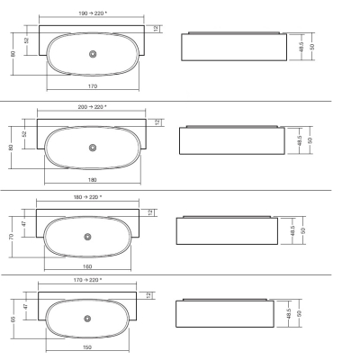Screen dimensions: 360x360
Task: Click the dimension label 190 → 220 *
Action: pyautogui.click(x=93, y=13)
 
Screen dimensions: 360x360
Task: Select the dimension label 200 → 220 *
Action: pyautogui.click(x=92, y=107)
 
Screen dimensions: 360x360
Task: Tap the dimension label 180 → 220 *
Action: pyautogui.click(x=87, y=197)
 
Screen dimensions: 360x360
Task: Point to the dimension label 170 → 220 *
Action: pyautogui.click(x=87, y=280)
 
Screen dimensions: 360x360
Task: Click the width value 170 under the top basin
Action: pyautogui.click(x=93, y=86)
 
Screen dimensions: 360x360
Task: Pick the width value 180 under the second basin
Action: pyautogui.click(x=93, y=180)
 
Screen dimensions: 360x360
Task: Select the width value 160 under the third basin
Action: pyautogui.click(x=87, y=266)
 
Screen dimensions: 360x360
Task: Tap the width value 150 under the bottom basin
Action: pyautogui.click(x=87, y=347)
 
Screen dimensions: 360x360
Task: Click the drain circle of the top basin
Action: pyautogui.click(x=93, y=54)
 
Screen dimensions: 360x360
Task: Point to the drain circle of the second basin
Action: pyautogui.click(x=93, y=148)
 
